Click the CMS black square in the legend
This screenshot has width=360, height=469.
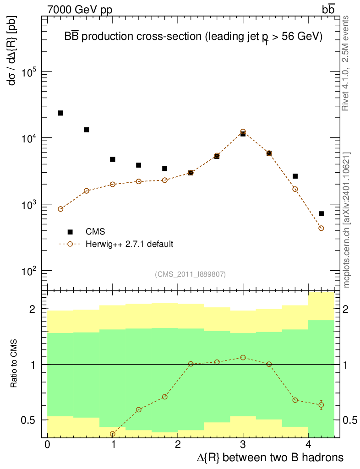click(71, 232)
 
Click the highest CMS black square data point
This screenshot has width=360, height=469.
click(60, 113)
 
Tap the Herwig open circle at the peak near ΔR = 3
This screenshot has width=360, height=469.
click(243, 131)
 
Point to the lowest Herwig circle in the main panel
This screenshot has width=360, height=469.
click(321, 228)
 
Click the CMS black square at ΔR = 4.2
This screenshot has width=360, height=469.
click(321, 214)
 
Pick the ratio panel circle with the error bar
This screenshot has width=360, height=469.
click(321, 405)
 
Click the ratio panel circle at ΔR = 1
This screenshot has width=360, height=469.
click(113, 434)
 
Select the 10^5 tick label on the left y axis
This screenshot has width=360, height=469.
click(29, 72)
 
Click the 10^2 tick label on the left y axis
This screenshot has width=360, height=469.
click(29, 271)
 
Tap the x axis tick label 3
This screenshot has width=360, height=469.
click(243, 446)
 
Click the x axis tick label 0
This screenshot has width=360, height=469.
click(47, 446)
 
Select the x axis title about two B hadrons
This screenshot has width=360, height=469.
click(270, 458)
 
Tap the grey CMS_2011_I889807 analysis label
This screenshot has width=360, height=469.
click(191, 274)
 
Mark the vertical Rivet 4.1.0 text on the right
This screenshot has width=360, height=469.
click(346, 63)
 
